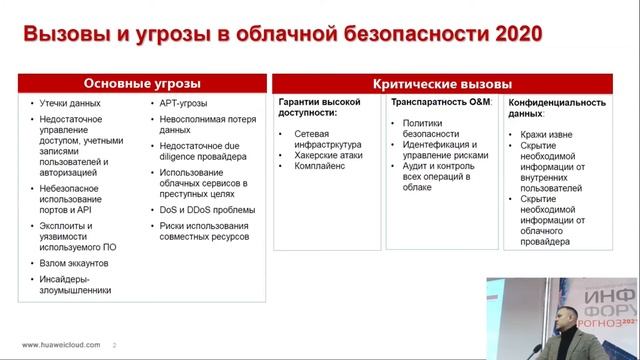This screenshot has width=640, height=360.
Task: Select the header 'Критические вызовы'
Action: tap(441, 83)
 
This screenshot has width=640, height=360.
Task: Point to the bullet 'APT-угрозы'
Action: tap(186, 103)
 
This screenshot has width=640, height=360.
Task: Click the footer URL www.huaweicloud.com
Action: tap(61, 345)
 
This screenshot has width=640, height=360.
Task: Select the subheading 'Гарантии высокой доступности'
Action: tap(321, 108)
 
